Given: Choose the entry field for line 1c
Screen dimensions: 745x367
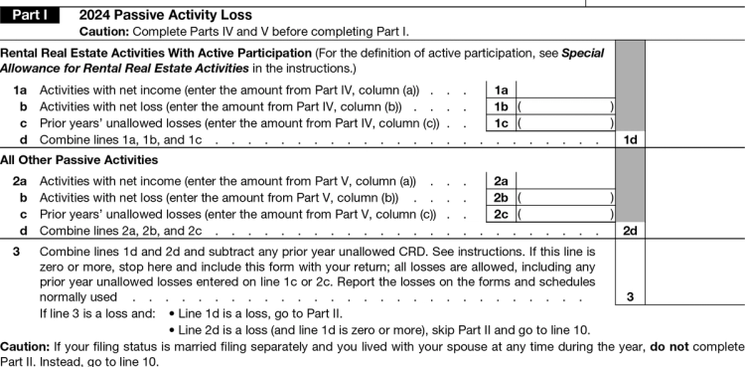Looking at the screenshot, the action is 565,124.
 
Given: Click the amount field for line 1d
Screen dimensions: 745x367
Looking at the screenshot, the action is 694,141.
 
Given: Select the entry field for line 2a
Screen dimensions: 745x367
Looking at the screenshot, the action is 565,181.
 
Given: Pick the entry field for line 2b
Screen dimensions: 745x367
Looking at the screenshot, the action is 565,197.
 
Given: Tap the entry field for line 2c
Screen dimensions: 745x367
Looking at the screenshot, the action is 565,214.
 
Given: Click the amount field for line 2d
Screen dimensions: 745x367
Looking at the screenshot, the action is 694,231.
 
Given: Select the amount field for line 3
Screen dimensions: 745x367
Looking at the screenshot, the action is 694,296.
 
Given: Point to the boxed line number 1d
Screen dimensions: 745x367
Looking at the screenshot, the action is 630,141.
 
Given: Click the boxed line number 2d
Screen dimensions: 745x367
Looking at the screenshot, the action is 630,231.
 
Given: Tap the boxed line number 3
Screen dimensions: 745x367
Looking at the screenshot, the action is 630,296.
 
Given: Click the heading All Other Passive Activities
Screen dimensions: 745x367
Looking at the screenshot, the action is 79,160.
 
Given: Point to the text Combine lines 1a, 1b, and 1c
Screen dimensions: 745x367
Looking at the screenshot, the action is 120,141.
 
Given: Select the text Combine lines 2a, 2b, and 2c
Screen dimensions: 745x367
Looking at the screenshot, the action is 120,231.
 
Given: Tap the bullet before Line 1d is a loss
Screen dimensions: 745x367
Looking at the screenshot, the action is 173,314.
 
